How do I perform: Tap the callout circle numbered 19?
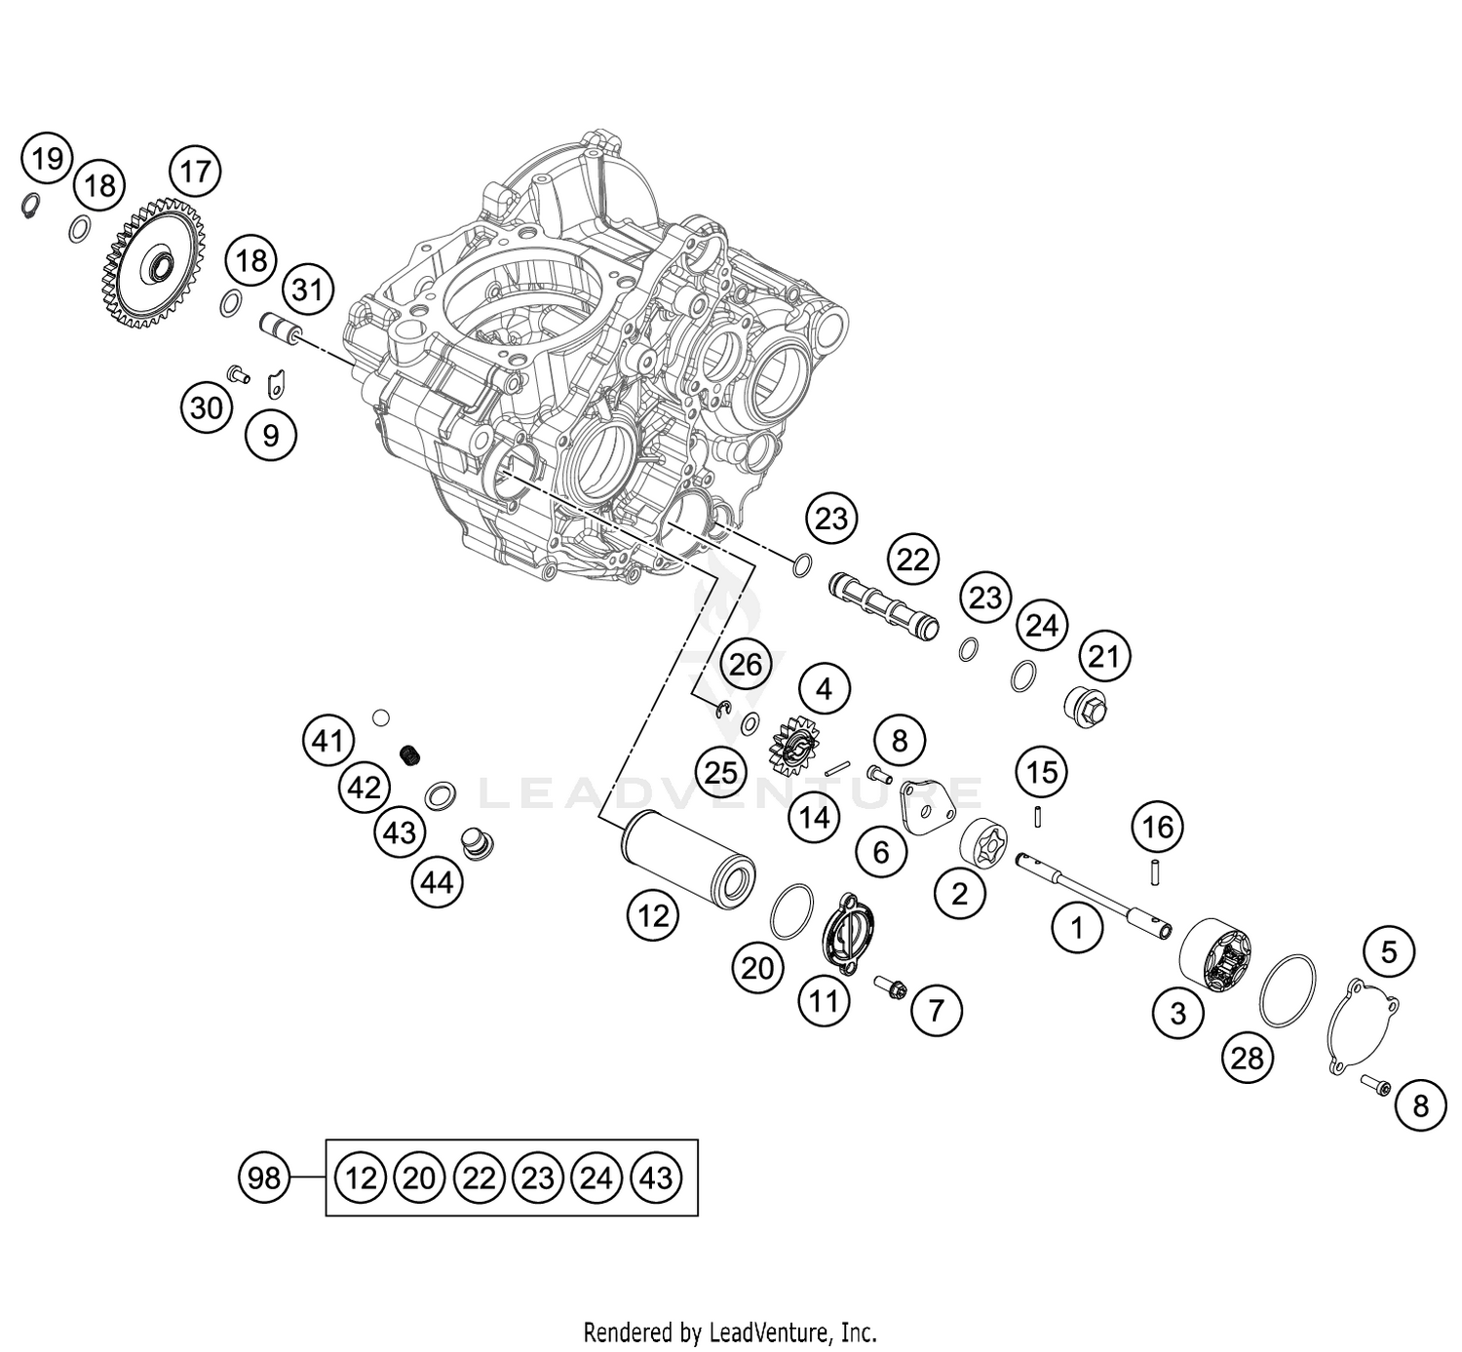tap(48, 158)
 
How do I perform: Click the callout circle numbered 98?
tap(264, 1178)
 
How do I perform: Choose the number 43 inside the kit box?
tap(656, 1178)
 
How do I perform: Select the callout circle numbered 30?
tap(207, 406)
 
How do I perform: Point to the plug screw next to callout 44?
tap(478, 842)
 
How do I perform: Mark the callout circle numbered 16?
tap(1157, 828)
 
